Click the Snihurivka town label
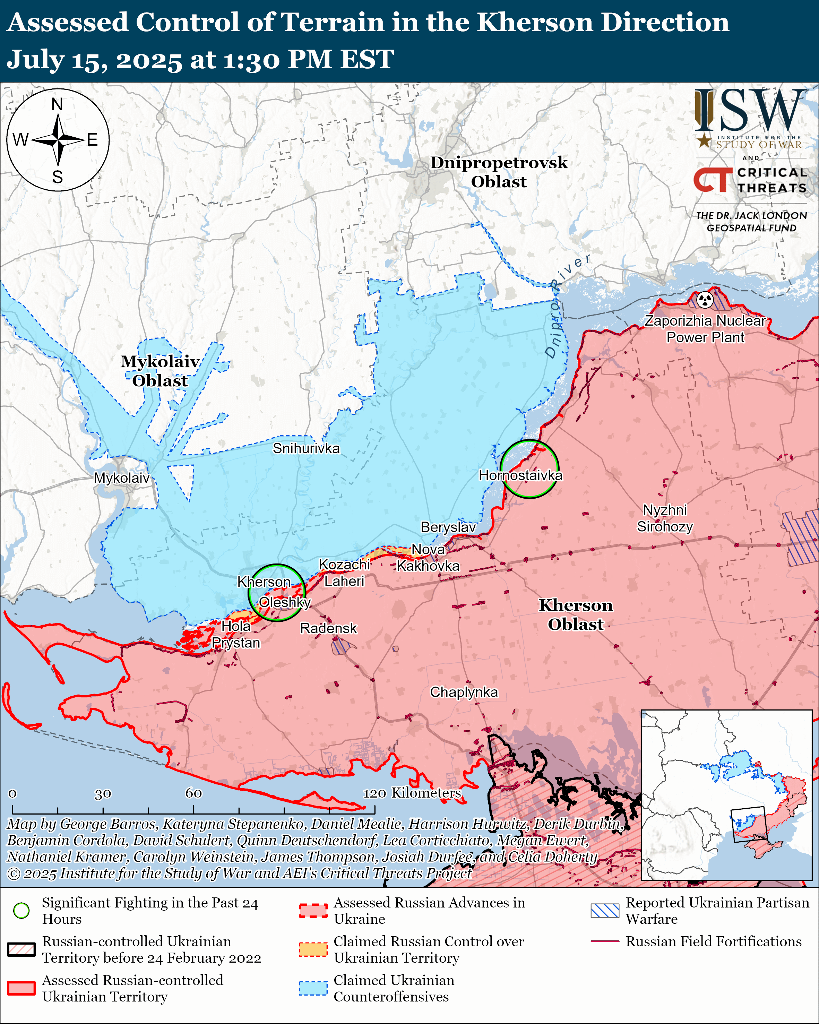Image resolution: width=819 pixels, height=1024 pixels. (306, 448)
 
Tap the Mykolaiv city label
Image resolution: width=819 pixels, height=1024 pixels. (122, 478)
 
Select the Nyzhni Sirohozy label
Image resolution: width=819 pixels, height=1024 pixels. (665, 518)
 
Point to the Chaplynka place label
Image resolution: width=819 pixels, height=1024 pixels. (464, 692)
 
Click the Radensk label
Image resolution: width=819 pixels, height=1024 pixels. (328, 628)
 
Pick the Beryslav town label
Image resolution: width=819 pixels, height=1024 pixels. (448, 527)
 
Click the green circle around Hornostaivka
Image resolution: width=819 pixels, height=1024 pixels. (529, 469)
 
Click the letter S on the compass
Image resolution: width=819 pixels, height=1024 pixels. (58, 177)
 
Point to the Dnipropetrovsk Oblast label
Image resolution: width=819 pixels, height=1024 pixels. (499, 172)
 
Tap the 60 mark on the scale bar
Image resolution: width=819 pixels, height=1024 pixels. (193, 793)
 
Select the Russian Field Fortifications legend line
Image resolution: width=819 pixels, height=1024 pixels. (605, 941)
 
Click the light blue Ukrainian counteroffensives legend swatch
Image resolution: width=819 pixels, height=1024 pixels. (313, 988)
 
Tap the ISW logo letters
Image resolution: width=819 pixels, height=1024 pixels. (750, 111)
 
